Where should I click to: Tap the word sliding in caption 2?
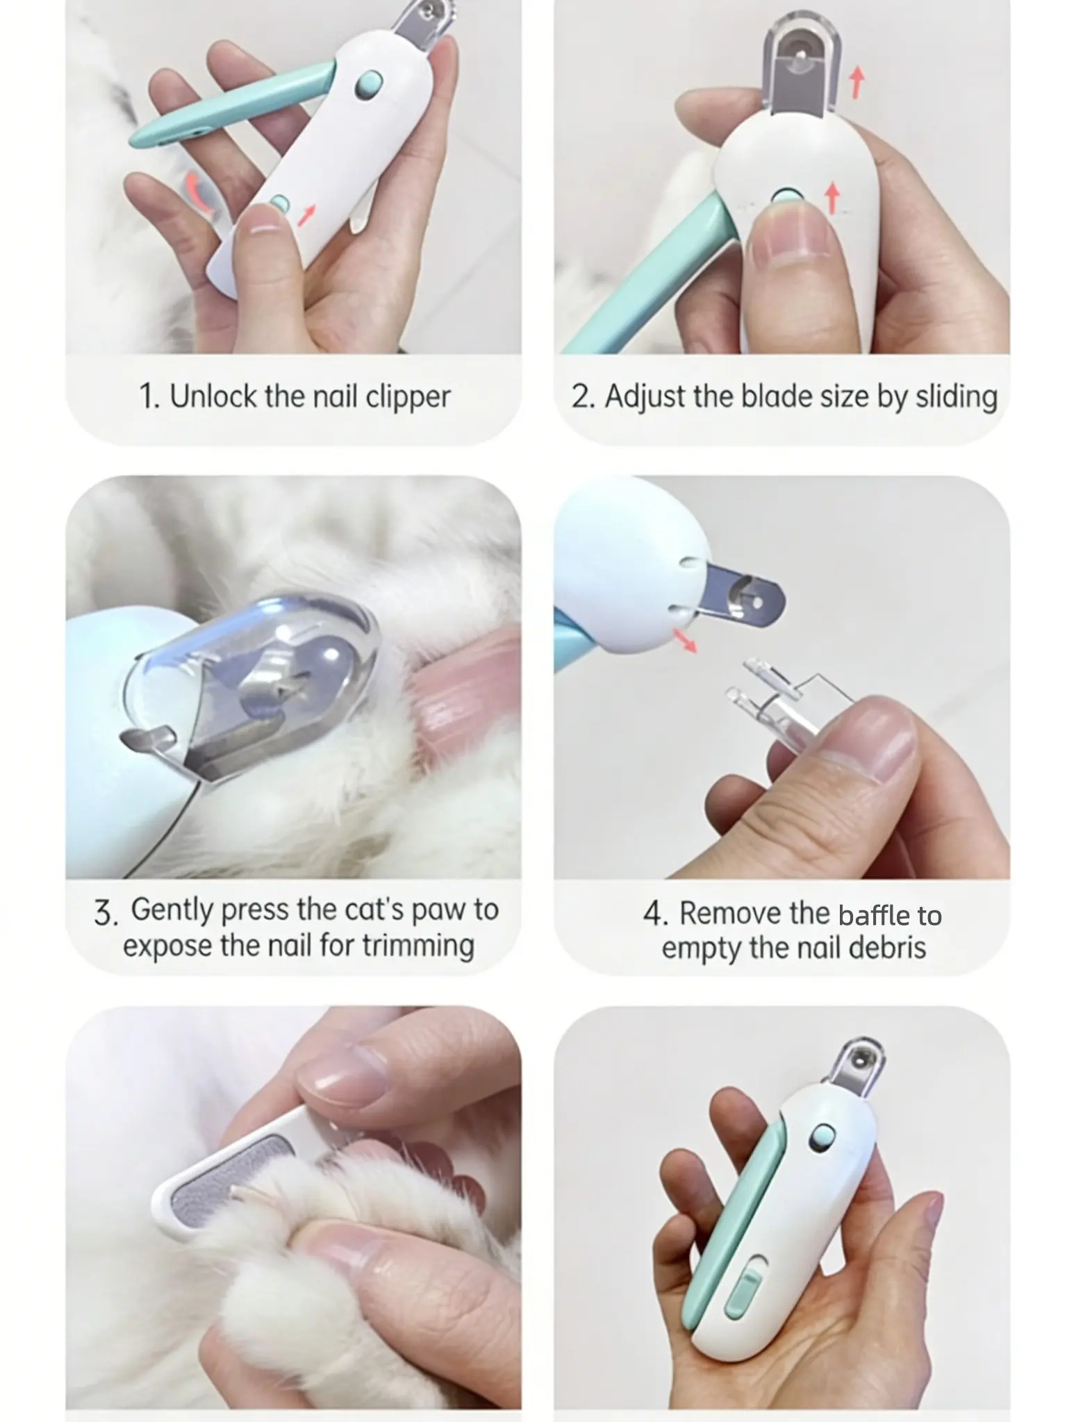coord(957,398)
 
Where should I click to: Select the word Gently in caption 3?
coord(172,910)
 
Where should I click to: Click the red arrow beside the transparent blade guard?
coord(857,82)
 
